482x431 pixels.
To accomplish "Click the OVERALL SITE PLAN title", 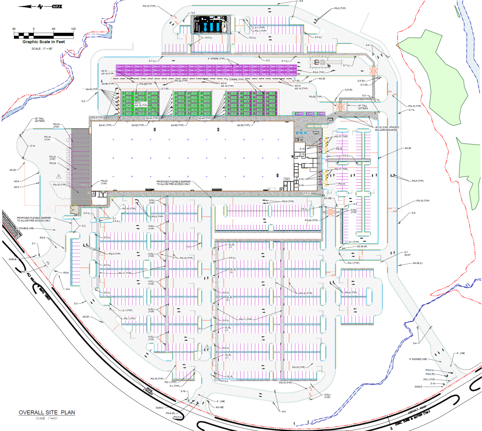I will coord(47,412).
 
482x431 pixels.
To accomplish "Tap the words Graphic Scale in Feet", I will coord(43,42).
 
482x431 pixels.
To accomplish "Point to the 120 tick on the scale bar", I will coord(73,29).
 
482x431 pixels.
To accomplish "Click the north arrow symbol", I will coord(40,6).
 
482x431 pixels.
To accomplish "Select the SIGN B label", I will coord(12,259).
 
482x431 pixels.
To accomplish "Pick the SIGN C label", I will coord(160,408).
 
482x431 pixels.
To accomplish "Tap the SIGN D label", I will coord(418,387).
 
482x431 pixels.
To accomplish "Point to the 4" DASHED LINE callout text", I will coord(418,359).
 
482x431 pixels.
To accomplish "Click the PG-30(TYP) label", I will coord(146,84).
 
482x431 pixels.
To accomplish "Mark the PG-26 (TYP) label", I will coord(181,81).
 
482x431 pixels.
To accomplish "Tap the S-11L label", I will coord(412,110).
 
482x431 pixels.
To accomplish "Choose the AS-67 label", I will coord(408,255).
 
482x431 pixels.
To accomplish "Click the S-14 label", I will coord(33,146).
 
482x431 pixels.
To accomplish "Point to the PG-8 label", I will coord(66,273).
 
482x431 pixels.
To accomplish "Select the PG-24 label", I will coord(53,163).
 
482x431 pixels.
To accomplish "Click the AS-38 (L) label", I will coord(417,263).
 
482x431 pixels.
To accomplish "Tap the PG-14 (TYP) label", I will coord(47,138).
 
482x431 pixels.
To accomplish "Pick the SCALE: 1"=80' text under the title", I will coord(47,418).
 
